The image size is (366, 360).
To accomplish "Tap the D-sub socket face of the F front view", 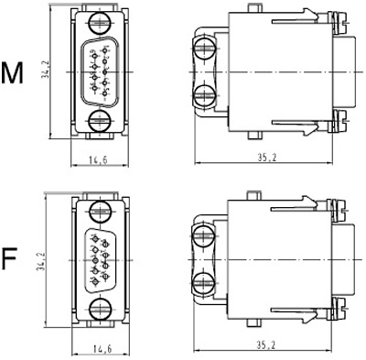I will tap(98, 260).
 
